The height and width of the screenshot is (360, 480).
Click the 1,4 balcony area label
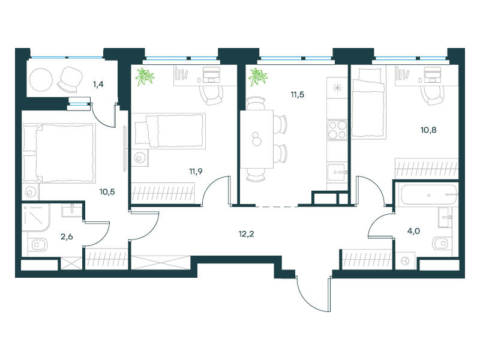click(x=98, y=84)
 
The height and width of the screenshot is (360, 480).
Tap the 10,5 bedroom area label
click(x=107, y=192)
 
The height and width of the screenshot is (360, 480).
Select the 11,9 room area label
click(x=196, y=172)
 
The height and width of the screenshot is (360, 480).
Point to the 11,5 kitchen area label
click(x=297, y=95)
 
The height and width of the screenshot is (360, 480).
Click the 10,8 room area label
click(x=428, y=130)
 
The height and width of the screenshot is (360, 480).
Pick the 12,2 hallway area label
click(x=246, y=234)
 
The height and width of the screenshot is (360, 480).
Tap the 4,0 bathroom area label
click(x=413, y=231)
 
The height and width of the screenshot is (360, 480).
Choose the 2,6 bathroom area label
click(x=67, y=236)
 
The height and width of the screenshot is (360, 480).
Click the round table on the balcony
click(x=41, y=80)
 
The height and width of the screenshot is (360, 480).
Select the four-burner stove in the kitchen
click(x=337, y=130)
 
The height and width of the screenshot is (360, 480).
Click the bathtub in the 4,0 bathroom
click(x=428, y=195)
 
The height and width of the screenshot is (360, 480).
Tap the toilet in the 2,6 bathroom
click(x=38, y=245)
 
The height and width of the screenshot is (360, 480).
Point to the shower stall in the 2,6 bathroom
click(x=35, y=218)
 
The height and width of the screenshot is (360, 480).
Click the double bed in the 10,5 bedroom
click(x=59, y=153)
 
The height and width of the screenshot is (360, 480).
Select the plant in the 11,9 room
click(x=145, y=77)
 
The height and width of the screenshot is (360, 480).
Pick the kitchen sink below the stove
click(x=337, y=172)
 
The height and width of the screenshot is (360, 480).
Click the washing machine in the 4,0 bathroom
click(x=406, y=261)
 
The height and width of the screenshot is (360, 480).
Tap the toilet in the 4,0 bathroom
click(x=442, y=244)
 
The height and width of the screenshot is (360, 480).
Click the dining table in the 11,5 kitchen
click(x=257, y=139)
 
